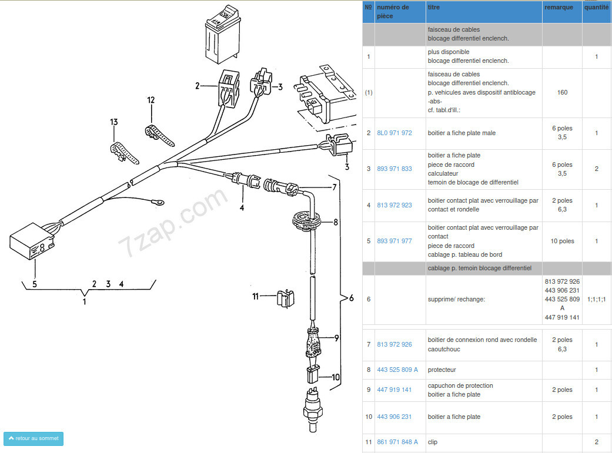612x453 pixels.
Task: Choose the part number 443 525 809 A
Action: coord(397,370)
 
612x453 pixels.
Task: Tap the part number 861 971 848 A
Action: coord(397,442)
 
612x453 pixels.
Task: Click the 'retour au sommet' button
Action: coord(34,439)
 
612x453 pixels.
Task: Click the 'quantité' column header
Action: coord(596,8)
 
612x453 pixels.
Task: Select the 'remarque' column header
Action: coord(559,8)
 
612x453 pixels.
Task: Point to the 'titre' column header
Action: coord(434,8)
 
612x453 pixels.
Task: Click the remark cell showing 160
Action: coord(562,92)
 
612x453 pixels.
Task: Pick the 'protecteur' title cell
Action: coord(442,370)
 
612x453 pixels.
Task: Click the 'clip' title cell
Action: coord(433,442)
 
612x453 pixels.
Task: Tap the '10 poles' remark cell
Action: coord(562,241)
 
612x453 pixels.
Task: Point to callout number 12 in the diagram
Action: coord(151,100)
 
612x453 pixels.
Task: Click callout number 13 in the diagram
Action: coord(113,122)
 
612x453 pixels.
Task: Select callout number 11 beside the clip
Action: coord(256,297)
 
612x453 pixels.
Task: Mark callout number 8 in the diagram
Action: coord(336,223)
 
